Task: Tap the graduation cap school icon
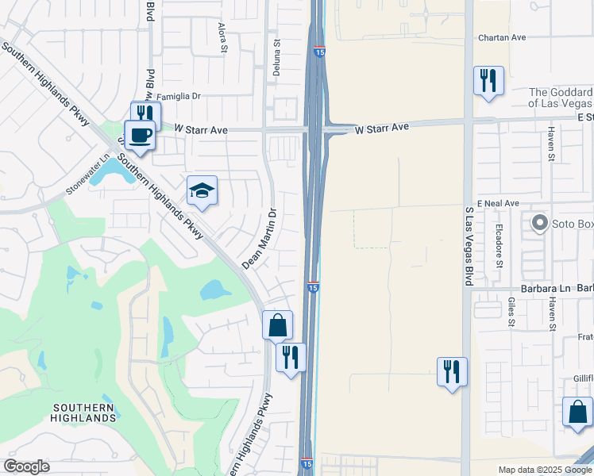202,190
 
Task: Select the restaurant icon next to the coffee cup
146,114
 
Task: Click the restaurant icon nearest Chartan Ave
488,80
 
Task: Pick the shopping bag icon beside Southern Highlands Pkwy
277,324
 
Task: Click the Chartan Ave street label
502,37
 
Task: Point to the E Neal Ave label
497,203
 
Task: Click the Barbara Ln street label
542,289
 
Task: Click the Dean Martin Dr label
261,238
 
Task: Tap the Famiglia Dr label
179,97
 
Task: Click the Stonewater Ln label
85,178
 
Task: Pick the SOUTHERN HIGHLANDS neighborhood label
84,413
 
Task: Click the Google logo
26,466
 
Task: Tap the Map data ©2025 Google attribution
544,470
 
